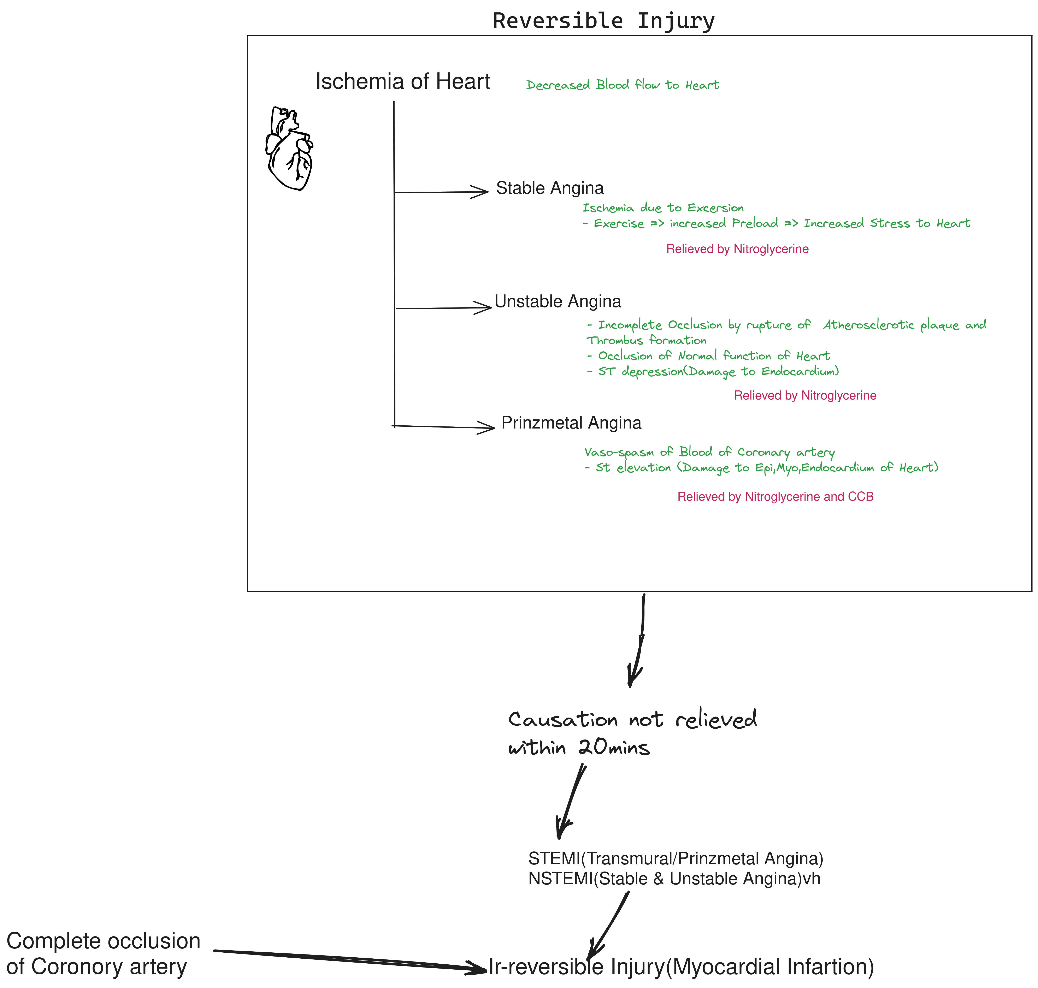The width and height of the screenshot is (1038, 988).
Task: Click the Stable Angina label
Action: (x=550, y=188)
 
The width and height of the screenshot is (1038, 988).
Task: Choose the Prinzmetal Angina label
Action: (x=571, y=423)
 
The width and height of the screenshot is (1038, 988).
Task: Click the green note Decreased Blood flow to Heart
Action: (x=622, y=85)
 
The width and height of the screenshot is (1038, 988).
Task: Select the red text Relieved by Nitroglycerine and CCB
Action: (x=775, y=497)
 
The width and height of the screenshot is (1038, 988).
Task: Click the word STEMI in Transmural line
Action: (x=554, y=858)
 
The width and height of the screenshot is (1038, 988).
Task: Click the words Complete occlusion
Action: (x=103, y=941)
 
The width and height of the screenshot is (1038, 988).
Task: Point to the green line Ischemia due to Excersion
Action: (x=663, y=208)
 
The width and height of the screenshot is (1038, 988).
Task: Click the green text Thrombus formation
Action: (x=647, y=340)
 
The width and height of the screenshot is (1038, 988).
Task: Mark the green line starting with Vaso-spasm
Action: (x=709, y=452)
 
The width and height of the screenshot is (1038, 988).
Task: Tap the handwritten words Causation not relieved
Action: (x=632, y=719)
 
